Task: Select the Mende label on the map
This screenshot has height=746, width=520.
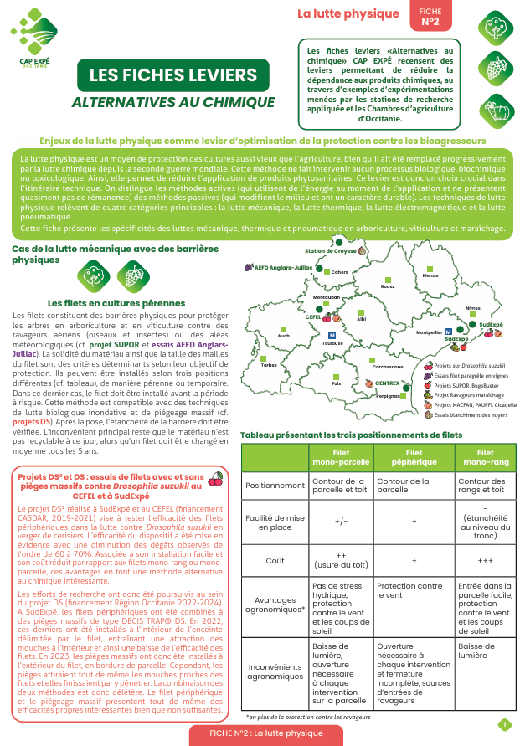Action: [431, 275]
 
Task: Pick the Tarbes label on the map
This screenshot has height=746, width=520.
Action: [269, 365]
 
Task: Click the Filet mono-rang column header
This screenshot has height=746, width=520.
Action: [485, 457]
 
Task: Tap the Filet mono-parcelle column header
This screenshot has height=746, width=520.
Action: [341, 457]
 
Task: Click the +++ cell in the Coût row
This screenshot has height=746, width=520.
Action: [485, 560]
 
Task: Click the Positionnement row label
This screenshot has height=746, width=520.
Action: [274, 485]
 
